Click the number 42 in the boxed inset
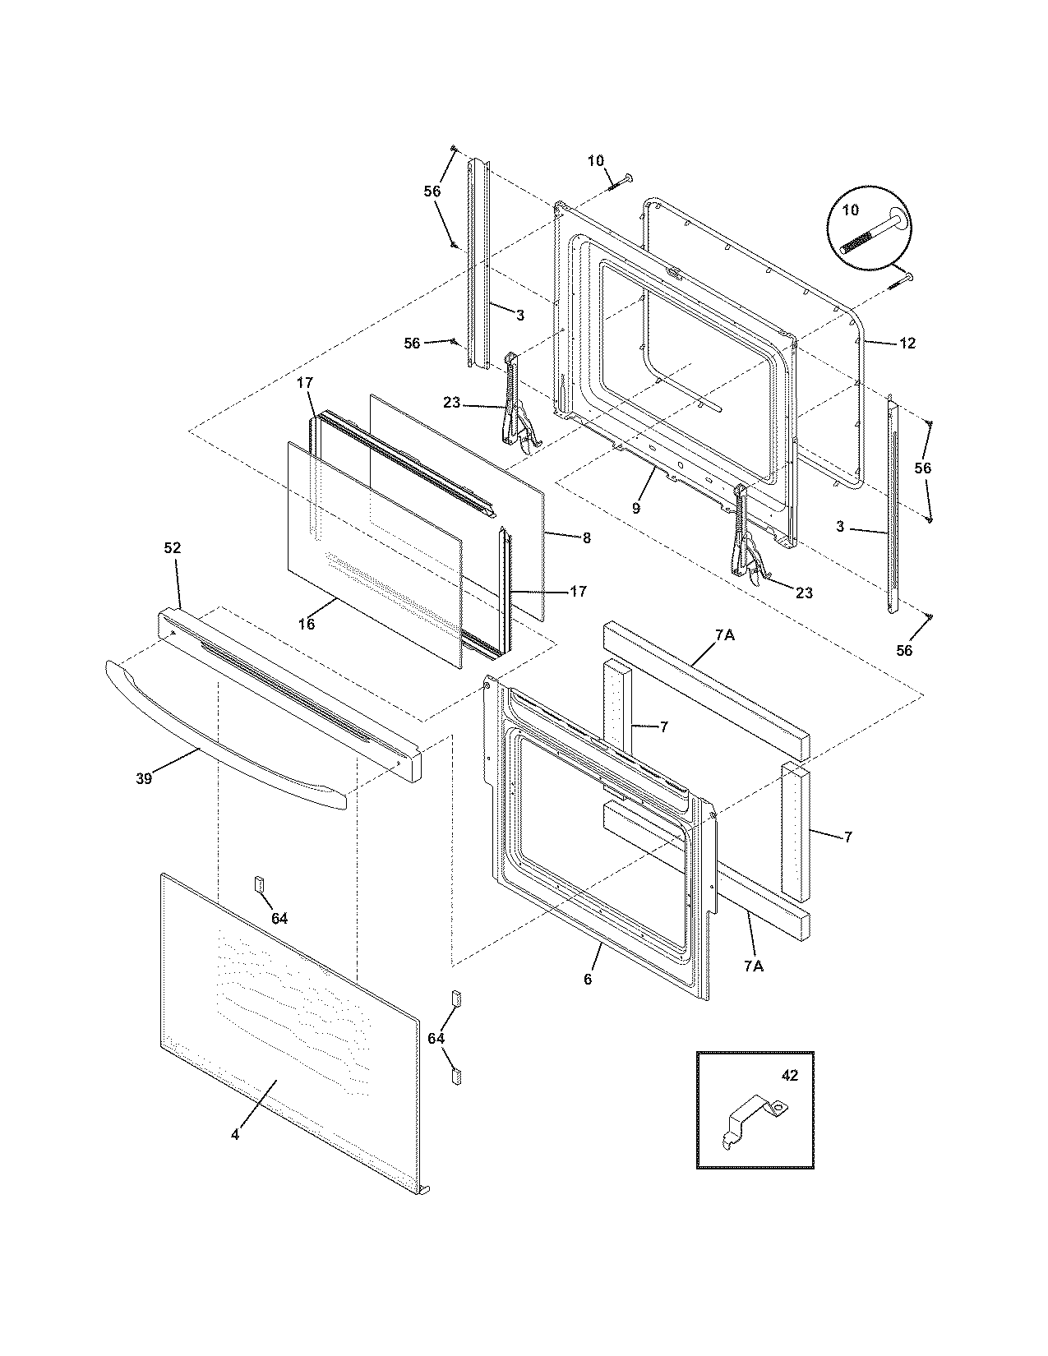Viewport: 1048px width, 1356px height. click(788, 1076)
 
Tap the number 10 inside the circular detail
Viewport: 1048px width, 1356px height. click(850, 210)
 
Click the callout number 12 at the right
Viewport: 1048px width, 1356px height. click(907, 344)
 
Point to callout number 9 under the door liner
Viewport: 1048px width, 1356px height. click(635, 508)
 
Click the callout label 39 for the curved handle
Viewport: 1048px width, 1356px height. click(144, 778)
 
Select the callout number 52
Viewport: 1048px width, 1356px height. click(173, 548)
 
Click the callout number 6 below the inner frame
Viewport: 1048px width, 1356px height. click(587, 978)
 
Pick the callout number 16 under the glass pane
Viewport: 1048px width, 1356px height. click(306, 625)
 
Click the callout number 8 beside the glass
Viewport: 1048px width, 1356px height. click(586, 538)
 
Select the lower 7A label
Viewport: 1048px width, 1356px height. click(753, 966)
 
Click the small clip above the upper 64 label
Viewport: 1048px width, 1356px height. click(256, 884)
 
